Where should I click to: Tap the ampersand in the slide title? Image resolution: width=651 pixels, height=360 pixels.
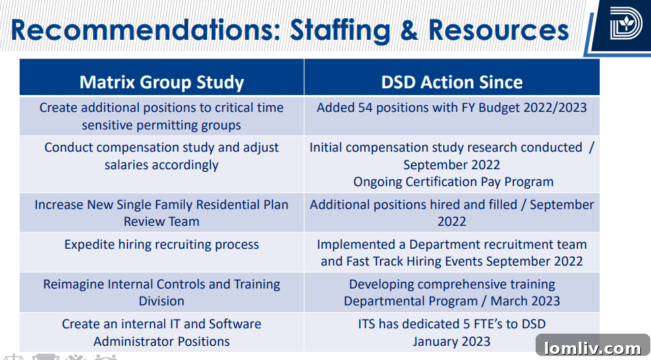tap(409, 30)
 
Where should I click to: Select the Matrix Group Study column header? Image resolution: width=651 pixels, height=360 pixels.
tap(161, 82)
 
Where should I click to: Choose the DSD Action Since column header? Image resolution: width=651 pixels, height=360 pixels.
tap(451, 82)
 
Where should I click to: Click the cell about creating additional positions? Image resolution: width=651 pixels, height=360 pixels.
tap(161, 116)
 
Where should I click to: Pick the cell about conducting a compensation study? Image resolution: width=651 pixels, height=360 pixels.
tap(161, 156)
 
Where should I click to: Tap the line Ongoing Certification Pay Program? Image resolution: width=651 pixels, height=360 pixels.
tap(453, 182)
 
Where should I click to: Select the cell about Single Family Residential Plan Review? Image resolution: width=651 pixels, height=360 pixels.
tap(161, 212)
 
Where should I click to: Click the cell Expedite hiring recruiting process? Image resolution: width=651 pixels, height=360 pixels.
tap(161, 245)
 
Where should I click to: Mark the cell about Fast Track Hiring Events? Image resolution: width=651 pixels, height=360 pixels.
tap(451, 253)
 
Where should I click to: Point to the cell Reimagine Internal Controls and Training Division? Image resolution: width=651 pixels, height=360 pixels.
tap(161, 293)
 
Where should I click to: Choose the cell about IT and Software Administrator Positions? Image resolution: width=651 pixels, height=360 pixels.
tap(161, 332)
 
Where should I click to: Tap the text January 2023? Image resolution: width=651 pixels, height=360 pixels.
tap(451, 341)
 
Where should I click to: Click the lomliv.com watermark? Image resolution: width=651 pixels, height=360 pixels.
tap(592, 348)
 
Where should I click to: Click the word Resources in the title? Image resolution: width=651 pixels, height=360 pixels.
tap(499, 30)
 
